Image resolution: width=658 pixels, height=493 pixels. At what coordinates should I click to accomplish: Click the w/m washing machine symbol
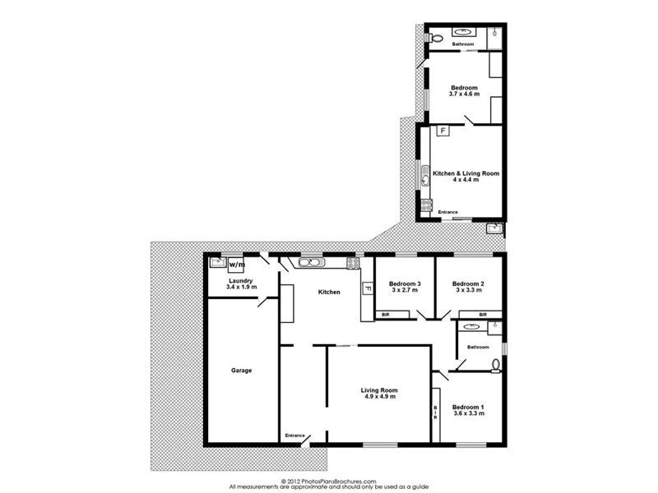pyautogui.click(x=237, y=265)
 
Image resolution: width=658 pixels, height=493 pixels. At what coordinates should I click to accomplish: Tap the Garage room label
pyautogui.click(x=241, y=371)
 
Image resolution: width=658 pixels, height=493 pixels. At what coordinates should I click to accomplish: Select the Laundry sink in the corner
pyautogui.click(x=216, y=263)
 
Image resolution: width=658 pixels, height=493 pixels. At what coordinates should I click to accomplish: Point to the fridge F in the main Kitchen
pyautogui.click(x=366, y=289)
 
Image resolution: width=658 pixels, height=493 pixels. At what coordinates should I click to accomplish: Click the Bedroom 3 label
pyautogui.click(x=405, y=284)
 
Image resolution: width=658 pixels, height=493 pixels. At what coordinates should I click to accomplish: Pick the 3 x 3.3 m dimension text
pyautogui.click(x=467, y=291)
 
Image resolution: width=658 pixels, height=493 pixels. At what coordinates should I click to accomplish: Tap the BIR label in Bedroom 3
pyautogui.click(x=384, y=315)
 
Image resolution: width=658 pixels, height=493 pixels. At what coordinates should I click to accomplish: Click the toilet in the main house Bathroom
pyautogui.click(x=496, y=364)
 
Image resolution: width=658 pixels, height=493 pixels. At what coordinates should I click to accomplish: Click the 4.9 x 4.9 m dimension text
pyautogui.click(x=379, y=397)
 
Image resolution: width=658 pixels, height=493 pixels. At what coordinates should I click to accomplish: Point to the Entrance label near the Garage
pyautogui.click(x=294, y=435)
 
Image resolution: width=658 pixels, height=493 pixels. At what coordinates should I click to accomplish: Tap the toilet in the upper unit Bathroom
pyautogui.click(x=438, y=39)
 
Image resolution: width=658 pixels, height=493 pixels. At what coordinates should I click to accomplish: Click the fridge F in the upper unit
pyautogui.click(x=442, y=131)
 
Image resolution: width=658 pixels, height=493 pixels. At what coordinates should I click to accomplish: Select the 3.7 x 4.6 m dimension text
pyautogui.click(x=465, y=94)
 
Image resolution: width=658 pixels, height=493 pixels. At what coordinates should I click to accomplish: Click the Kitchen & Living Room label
pyautogui.click(x=466, y=173)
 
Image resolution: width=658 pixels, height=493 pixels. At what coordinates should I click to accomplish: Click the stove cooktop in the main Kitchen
pyautogui.click(x=353, y=263)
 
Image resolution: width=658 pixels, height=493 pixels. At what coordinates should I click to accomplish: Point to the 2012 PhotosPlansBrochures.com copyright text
pyautogui.click(x=329, y=481)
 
